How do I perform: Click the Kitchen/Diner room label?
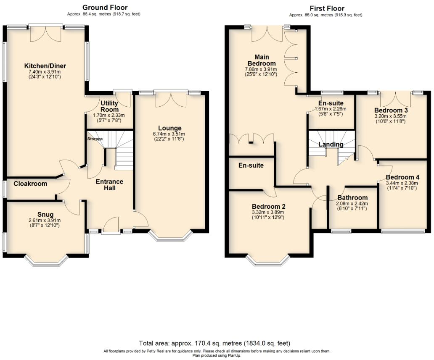tap(45, 66)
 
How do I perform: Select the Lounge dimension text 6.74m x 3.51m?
tap(170, 134)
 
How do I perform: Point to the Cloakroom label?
tap(30, 184)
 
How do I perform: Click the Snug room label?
tap(45, 215)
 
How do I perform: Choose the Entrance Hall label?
tap(109, 185)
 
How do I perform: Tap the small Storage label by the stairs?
tap(95, 139)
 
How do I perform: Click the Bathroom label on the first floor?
tap(352, 197)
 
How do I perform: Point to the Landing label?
tap(331, 145)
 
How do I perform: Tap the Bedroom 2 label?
tap(269, 206)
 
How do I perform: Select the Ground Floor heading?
tap(105, 7)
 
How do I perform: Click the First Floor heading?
tap(327, 8)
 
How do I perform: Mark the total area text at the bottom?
tap(214, 343)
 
